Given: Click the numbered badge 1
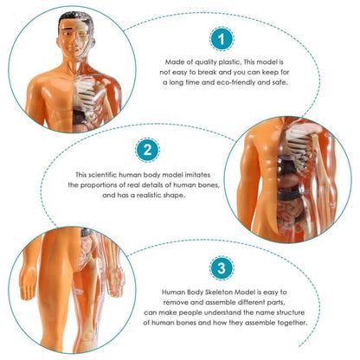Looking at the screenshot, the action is (x=222, y=39).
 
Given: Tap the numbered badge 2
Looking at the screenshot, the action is (x=147, y=151).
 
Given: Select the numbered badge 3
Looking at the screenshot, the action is (x=222, y=268).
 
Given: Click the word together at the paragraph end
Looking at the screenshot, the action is (x=292, y=323).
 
